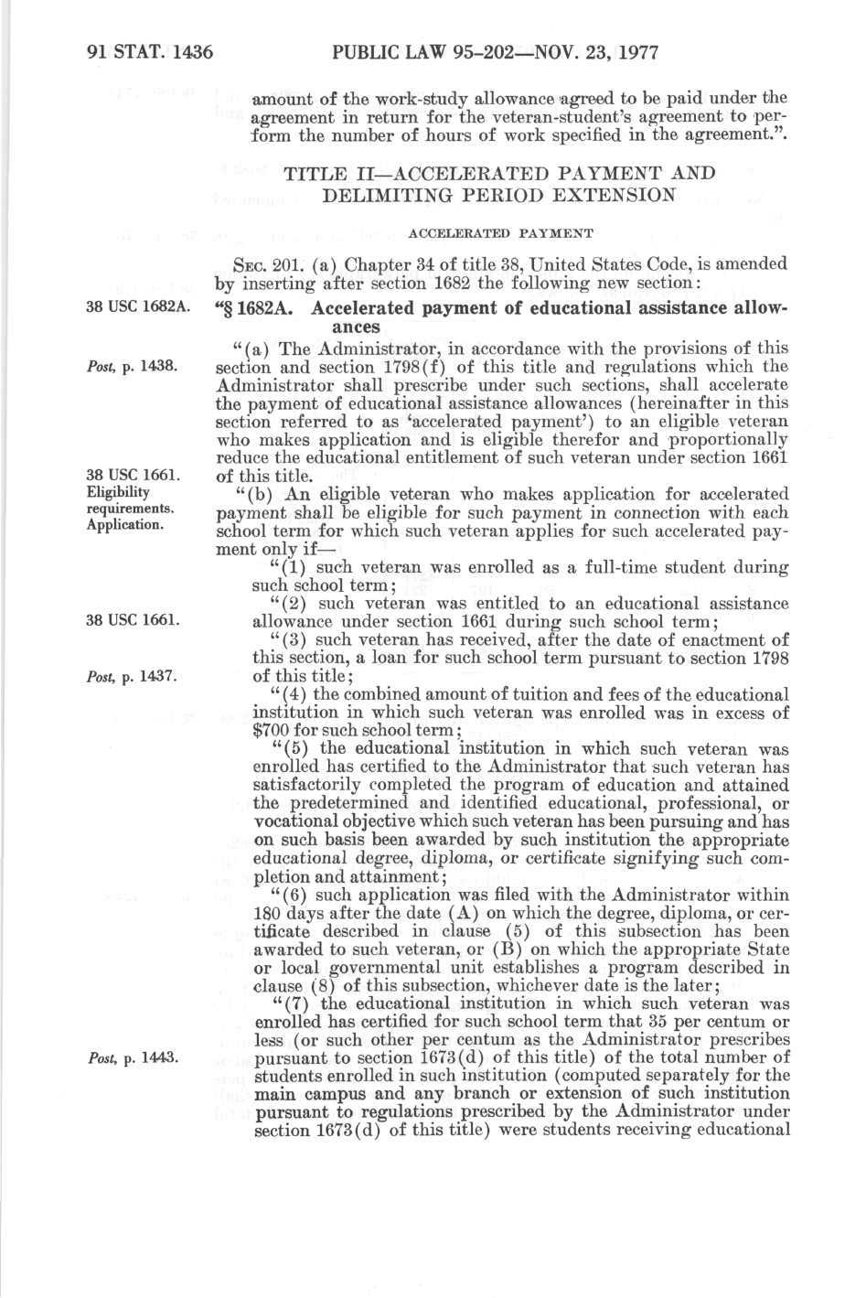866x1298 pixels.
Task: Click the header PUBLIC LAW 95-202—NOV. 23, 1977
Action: coord(497,52)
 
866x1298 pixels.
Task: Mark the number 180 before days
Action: coord(265,913)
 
